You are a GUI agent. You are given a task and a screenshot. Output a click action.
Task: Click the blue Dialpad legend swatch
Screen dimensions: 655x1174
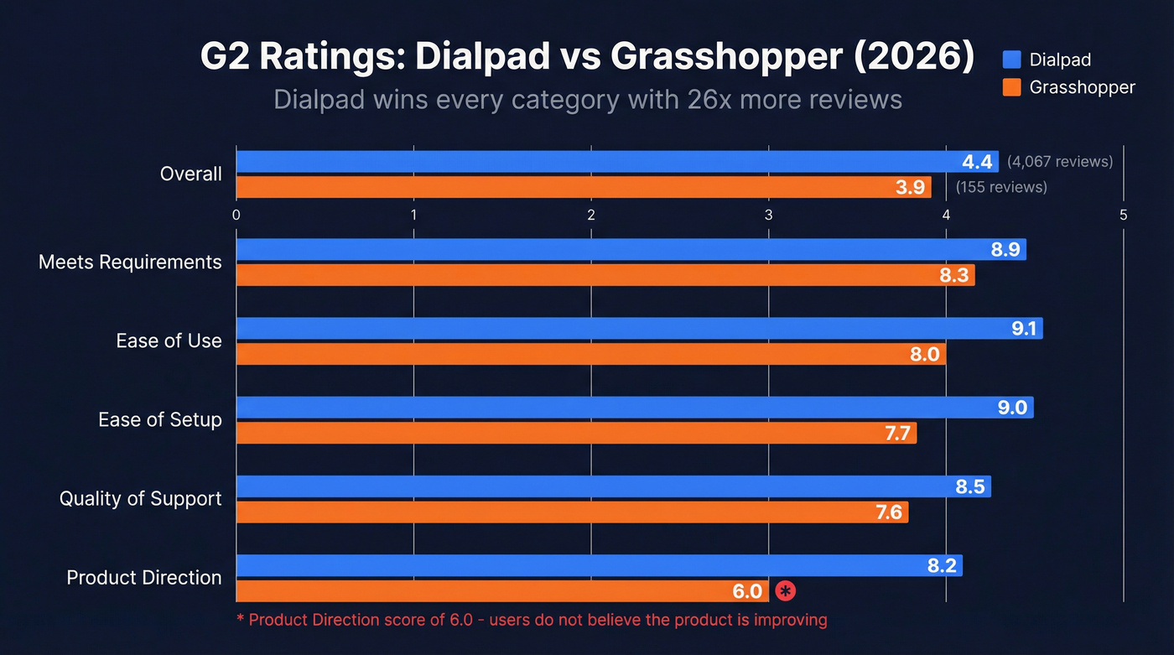pyautogui.click(x=1012, y=59)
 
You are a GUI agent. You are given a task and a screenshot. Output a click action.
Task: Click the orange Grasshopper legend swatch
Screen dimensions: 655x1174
pyautogui.click(x=1012, y=87)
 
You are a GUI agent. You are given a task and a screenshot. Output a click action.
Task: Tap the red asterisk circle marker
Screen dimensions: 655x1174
pyautogui.click(x=785, y=591)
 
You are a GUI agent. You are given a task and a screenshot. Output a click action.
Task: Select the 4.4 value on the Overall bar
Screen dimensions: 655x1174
pyautogui.click(x=978, y=162)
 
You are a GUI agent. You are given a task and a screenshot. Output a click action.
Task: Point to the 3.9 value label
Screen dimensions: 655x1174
pyautogui.click(x=910, y=187)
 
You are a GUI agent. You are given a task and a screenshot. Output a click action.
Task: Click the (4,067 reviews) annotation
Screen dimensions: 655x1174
pyautogui.click(x=1060, y=161)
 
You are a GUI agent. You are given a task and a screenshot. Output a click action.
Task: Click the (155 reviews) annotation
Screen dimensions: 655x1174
pyautogui.click(x=1001, y=187)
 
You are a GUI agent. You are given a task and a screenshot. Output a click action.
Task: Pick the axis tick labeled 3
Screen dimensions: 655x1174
pyautogui.click(x=769, y=216)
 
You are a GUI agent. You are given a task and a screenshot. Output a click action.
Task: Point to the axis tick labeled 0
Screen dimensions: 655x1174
pyautogui.click(x=236, y=216)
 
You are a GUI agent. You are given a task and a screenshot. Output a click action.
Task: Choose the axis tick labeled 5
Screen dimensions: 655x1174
pyautogui.click(x=1123, y=216)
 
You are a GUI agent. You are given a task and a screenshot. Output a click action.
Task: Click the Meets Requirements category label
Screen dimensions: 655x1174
pyautogui.click(x=130, y=263)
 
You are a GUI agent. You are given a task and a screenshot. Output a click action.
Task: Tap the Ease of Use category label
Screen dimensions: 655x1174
pyautogui.click(x=169, y=341)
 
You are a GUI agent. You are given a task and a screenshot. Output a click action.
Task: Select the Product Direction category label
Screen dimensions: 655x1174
pyautogui.click(x=144, y=578)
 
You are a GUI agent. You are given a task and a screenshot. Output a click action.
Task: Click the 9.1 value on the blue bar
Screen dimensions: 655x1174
pyautogui.click(x=1023, y=329)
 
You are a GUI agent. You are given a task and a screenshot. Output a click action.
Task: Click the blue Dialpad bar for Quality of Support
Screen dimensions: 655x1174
pyautogui.click(x=612, y=486)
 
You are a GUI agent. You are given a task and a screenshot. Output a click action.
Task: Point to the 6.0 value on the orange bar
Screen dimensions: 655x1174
pyautogui.click(x=747, y=591)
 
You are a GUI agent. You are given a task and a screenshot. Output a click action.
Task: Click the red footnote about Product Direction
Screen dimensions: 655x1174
pyautogui.click(x=532, y=621)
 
